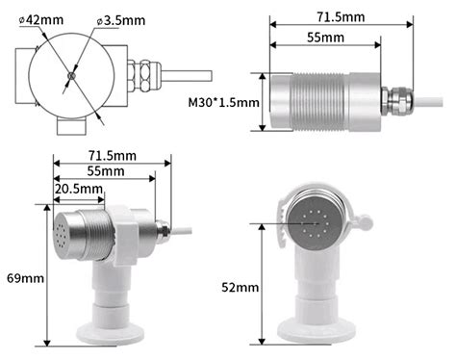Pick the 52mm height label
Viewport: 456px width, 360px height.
click(239, 287)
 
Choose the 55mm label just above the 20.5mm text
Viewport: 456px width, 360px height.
click(105, 170)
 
